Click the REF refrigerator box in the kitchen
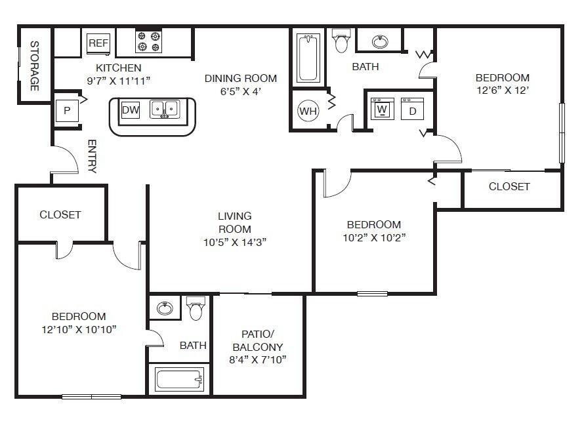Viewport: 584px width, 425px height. click(x=98, y=43)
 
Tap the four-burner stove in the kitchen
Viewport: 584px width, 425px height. click(x=148, y=42)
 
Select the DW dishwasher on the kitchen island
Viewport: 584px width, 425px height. click(x=131, y=110)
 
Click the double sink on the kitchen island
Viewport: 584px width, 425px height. click(x=165, y=109)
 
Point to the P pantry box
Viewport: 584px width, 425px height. click(x=66, y=111)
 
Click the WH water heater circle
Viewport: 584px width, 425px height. click(x=308, y=111)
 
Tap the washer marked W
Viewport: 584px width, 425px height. click(x=381, y=109)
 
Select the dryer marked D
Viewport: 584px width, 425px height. click(x=413, y=110)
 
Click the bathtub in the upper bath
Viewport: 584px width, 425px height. click(x=307, y=58)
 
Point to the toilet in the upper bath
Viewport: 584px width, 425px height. click(x=341, y=41)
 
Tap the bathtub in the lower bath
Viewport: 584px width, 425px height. click(x=178, y=380)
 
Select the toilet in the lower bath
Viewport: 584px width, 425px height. click(x=196, y=308)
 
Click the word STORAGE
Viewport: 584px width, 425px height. click(x=34, y=66)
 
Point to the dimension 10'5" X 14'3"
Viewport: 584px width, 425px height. click(x=234, y=242)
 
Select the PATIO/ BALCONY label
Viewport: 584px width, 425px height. click(x=258, y=340)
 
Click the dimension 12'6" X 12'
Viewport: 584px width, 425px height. click(x=502, y=91)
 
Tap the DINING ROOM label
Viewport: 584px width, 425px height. click(x=241, y=78)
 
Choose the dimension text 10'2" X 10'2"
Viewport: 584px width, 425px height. click(x=374, y=237)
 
